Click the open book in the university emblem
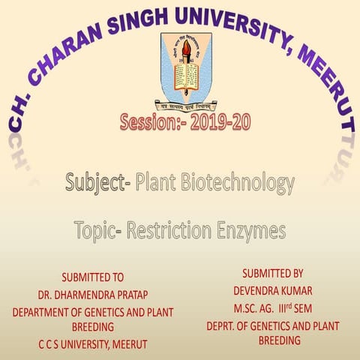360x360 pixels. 180,75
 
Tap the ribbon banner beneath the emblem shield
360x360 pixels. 181,106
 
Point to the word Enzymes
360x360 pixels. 251,231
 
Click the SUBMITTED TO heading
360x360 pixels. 92,277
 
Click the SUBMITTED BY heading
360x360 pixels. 273,273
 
